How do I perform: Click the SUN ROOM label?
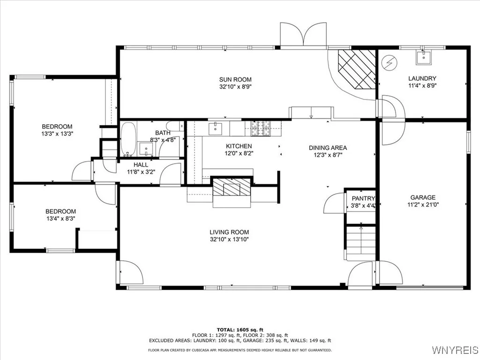235,80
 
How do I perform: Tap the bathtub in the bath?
128,139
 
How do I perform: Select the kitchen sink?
216,128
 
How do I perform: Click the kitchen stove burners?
261,128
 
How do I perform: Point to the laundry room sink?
423,58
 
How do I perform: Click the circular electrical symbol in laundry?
390,63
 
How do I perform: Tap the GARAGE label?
423,197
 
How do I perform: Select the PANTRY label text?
363,198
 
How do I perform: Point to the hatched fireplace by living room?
232,187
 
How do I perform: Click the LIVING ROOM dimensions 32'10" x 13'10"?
229,240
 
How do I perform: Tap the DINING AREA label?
328,148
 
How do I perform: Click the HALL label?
141,165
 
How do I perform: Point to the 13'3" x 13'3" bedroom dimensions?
57,134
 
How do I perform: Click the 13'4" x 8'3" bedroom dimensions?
60,218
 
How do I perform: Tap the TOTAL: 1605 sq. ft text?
240,330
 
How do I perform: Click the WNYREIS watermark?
455,350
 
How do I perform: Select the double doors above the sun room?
303,35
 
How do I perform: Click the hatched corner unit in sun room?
357,69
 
